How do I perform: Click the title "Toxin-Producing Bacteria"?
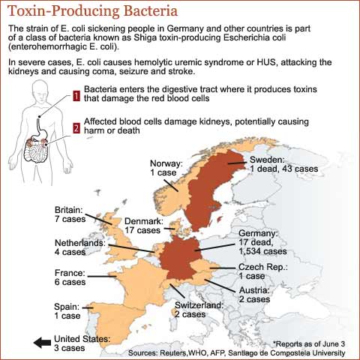coord(94,10)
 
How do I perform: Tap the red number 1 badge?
coord(76,95)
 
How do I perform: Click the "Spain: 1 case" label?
coord(70,310)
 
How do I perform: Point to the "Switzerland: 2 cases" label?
coord(198,310)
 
